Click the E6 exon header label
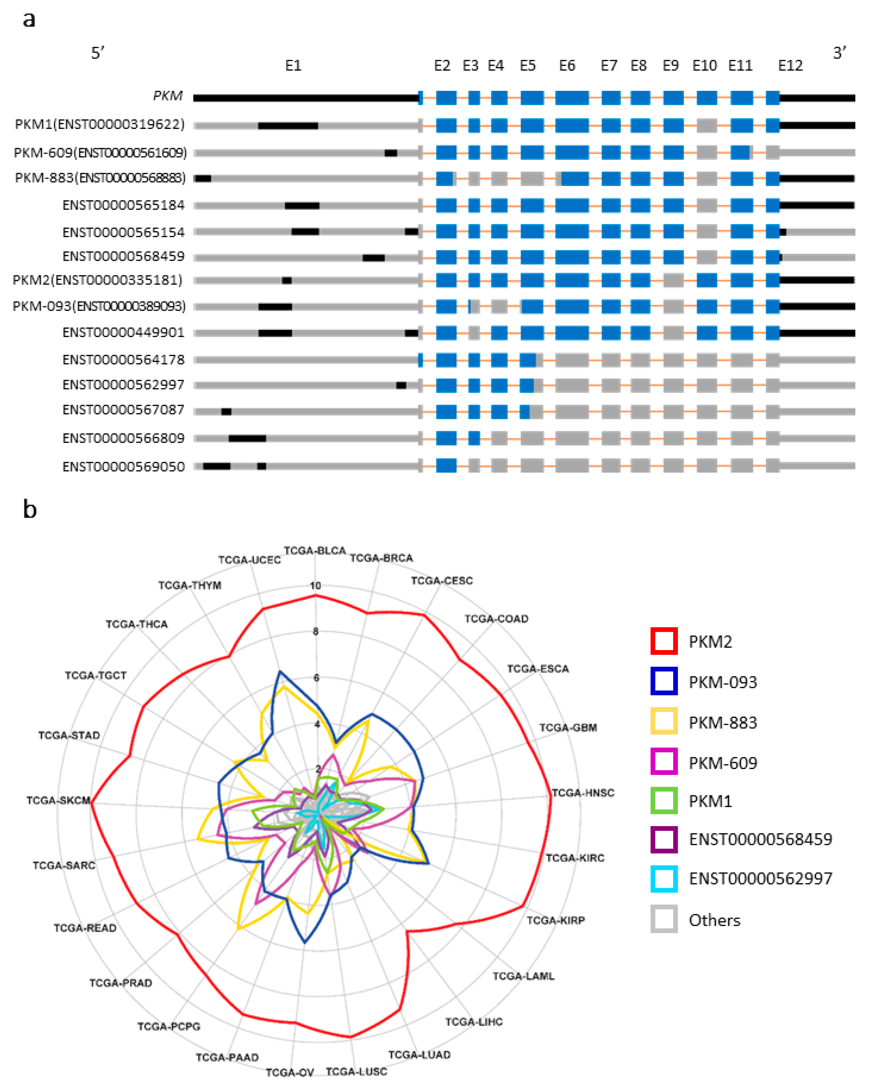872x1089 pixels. click(x=567, y=66)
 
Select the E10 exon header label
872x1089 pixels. click(x=704, y=66)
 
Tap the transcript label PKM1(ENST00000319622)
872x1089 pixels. click(x=100, y=124)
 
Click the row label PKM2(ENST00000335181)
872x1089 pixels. click(x=97, y=280)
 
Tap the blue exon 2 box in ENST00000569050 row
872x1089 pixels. click(x=446, y=466)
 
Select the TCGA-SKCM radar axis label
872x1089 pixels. click(x=58, y=800)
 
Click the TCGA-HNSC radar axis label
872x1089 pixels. click(x=583, y=793)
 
